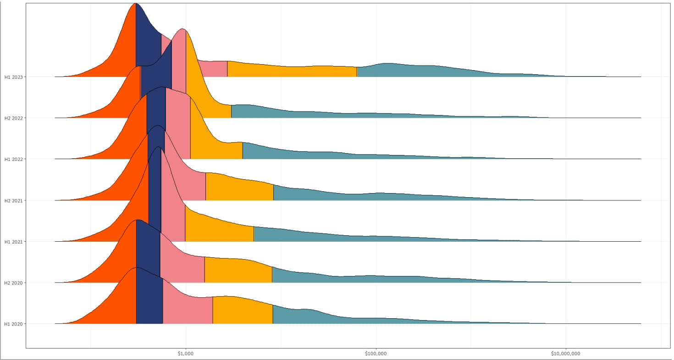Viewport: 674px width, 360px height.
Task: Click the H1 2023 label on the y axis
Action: coord(14,77)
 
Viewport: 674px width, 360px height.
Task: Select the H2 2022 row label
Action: coord(14,118)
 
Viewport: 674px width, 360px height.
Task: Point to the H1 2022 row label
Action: coord(14,160)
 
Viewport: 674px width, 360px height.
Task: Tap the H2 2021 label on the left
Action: coord(14,200)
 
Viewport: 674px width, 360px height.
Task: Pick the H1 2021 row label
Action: coord(14,242)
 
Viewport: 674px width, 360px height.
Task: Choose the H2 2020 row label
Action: coord(14,283)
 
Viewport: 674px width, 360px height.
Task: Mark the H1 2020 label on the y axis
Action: coord(14,324)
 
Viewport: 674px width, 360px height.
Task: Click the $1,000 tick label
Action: coord(185,354)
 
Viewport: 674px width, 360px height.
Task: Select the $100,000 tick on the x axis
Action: coord(376,354)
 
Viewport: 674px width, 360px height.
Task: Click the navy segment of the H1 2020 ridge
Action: coord(149,303)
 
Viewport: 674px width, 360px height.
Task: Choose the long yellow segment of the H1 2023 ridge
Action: coord(293,71)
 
